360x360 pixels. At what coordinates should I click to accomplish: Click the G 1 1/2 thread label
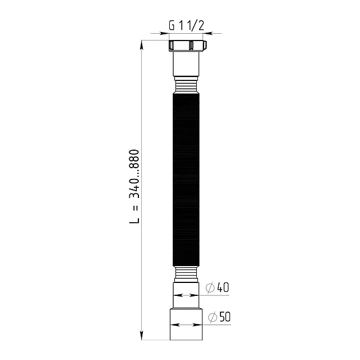click(x=186, y=25)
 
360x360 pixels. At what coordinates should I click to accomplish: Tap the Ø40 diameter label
click(x=217, y=287)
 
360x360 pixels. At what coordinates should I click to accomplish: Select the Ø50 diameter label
click(x=219, y=317)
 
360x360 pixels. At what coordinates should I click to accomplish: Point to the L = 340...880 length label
click(x=134, y=186)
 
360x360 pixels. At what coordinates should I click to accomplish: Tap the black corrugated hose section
click(x=186, y=179)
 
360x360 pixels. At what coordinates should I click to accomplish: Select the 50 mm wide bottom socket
click(x=186, y=324)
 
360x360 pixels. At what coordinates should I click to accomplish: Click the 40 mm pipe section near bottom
click(x=186, y=295)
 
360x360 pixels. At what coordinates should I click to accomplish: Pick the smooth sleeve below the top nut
click(x=186, y=64)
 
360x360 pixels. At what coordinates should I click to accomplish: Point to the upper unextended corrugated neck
click(x=186, y=85)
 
